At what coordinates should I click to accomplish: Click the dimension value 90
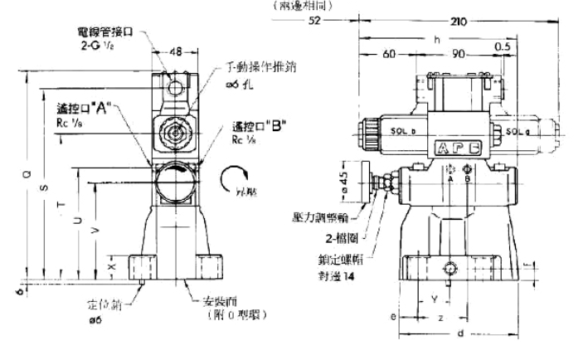[x=458, y=55]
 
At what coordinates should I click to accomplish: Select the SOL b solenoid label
[x=399, y=130]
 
